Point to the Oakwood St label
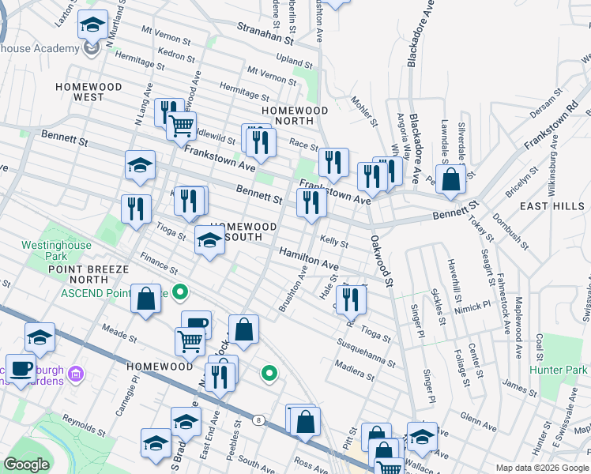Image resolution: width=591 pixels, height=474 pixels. (x=381, y=259)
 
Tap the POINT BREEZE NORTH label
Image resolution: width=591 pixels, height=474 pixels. (x=88, y=274)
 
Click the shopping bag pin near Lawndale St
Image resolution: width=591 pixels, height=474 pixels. (x=450, y=179)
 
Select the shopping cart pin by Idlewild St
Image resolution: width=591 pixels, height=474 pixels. (x=182, y=124)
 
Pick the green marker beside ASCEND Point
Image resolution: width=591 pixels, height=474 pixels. (x=180, y=293)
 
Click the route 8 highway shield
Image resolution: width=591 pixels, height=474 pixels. (x=258, y=420)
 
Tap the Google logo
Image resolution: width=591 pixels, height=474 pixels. (x=27, y=465)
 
